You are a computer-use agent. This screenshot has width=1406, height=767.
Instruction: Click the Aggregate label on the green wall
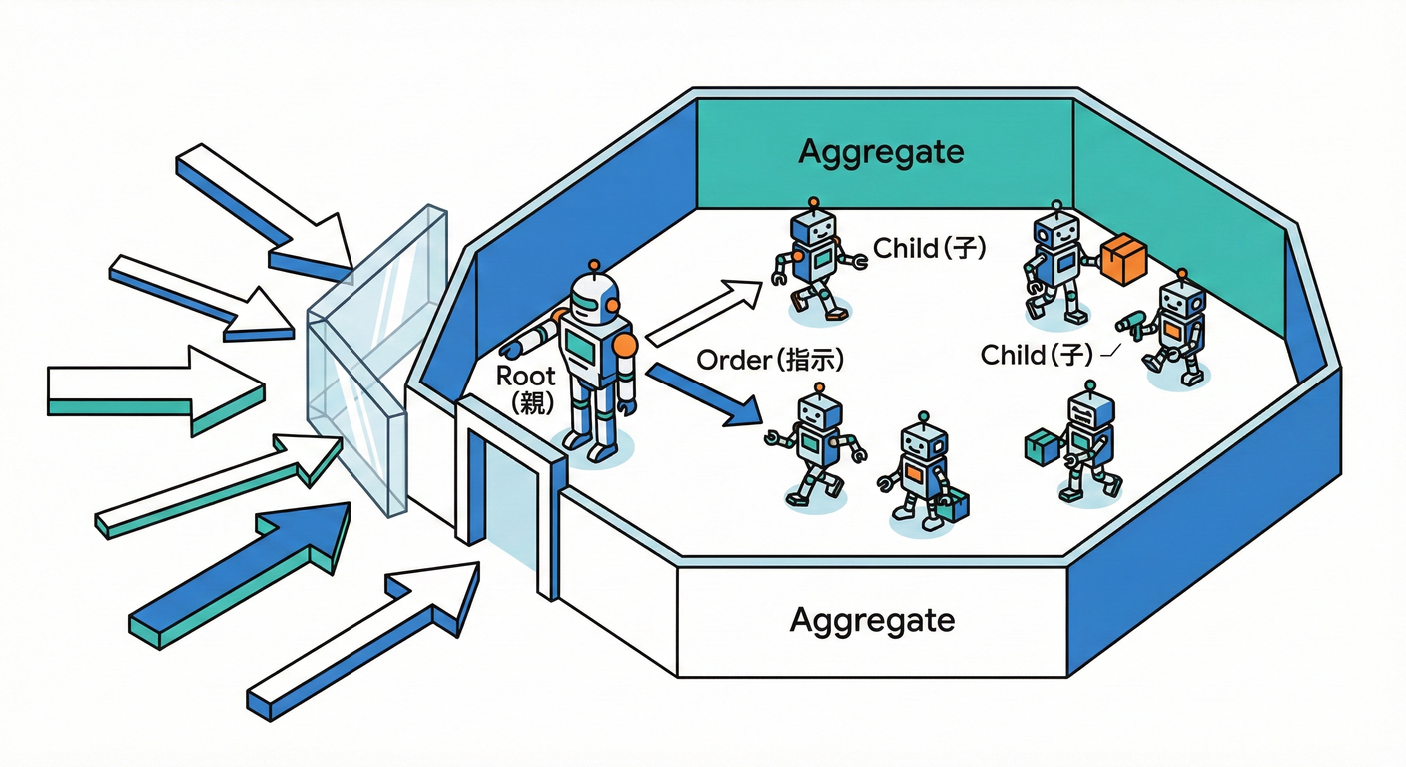click(x=881, y=152)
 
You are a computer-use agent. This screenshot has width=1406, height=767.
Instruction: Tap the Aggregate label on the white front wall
click(x=872, y=620)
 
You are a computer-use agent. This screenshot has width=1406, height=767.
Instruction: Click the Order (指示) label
click(x=769, y=361)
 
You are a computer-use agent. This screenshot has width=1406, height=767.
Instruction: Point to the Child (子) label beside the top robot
click(x=929, y=248)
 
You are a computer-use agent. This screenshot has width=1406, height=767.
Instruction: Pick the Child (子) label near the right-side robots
click(x=1039, y=354)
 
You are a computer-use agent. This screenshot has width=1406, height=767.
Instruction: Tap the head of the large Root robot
click(x=595, y=297)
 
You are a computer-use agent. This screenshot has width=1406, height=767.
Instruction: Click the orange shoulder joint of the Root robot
click(x=625, y=345)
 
